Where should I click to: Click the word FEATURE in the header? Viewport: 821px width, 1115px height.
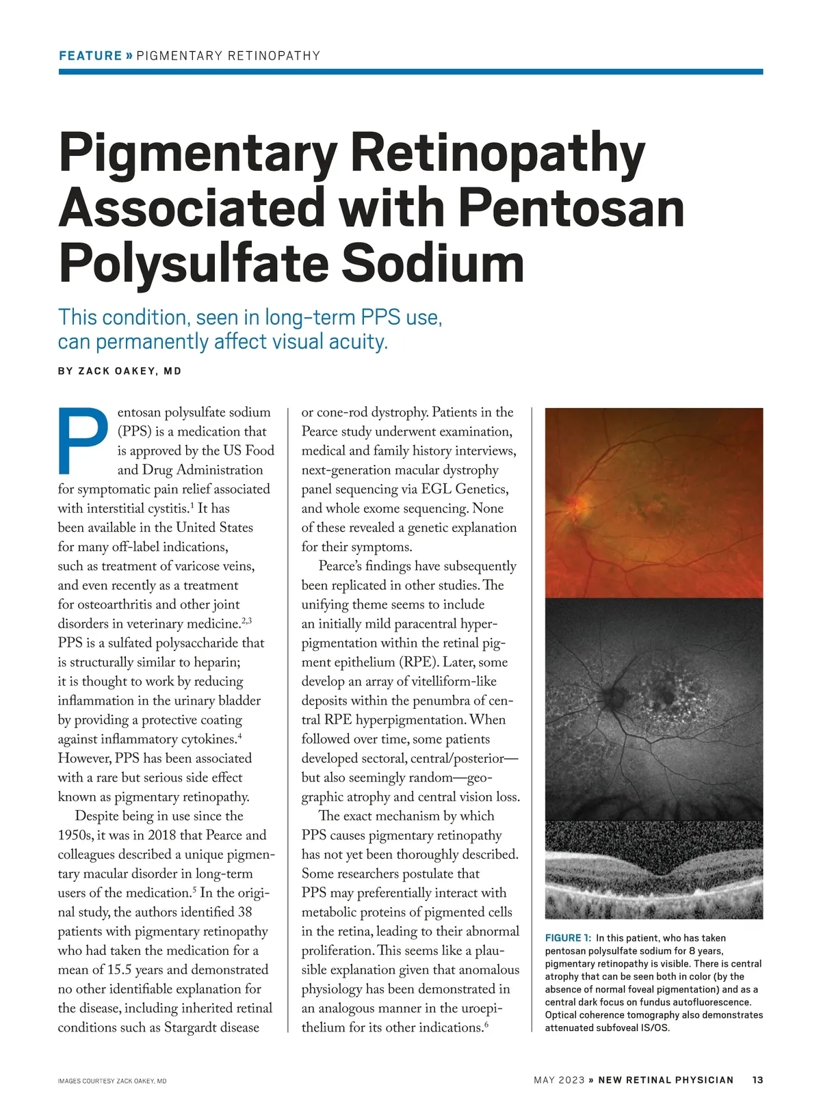[90, 56]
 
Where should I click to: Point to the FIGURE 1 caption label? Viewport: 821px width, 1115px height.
[568, 938]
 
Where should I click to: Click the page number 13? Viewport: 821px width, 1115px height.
[757, 1080]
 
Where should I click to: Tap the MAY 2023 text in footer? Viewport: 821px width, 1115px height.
[559, 1080]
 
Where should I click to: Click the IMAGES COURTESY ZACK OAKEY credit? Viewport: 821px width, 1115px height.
[112, 1082]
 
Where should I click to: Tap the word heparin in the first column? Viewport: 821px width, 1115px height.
[217, 662]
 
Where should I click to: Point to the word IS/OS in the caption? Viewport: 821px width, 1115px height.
[653, 1027]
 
